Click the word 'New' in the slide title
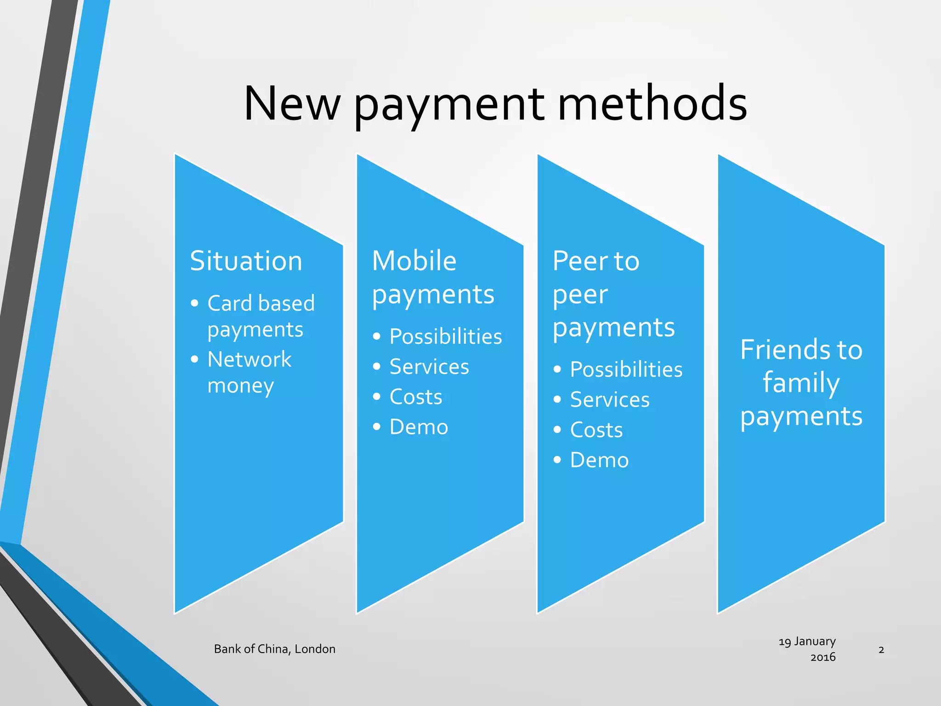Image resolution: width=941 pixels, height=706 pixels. tap(291, 104)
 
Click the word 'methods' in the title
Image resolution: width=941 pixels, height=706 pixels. tap(652, 104)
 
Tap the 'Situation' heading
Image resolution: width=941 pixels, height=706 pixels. tap(246, 261)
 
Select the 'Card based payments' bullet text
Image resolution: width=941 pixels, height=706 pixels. tap(261, 316)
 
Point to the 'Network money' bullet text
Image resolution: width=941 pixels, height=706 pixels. tap(249, 372)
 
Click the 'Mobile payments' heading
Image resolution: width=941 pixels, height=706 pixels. tap(433, 278)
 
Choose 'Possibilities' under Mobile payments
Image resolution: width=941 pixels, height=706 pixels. tap(445, 336)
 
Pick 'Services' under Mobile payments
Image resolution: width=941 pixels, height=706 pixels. tap(429, 367)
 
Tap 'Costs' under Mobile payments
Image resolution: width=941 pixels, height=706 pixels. tap(416, 397)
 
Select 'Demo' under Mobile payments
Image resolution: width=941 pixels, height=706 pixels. tap(419, 427)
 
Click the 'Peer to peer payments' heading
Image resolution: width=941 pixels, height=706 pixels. tap(613, 294)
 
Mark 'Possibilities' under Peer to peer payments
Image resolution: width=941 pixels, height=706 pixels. tap(626, 370)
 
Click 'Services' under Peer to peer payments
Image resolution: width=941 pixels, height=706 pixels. tap(610, 400)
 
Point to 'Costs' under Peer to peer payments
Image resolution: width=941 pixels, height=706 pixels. tap(596, 430)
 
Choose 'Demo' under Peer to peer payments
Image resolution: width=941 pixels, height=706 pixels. tap(599, 460)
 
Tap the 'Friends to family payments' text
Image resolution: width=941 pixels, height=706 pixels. tap(801, 383)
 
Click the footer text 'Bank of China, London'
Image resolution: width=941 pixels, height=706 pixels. tap(275, 649)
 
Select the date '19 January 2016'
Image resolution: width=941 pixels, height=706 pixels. tap(808, 649)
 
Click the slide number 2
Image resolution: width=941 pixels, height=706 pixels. tap(881, 650)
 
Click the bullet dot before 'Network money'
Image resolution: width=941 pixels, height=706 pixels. tap(195, 359)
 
